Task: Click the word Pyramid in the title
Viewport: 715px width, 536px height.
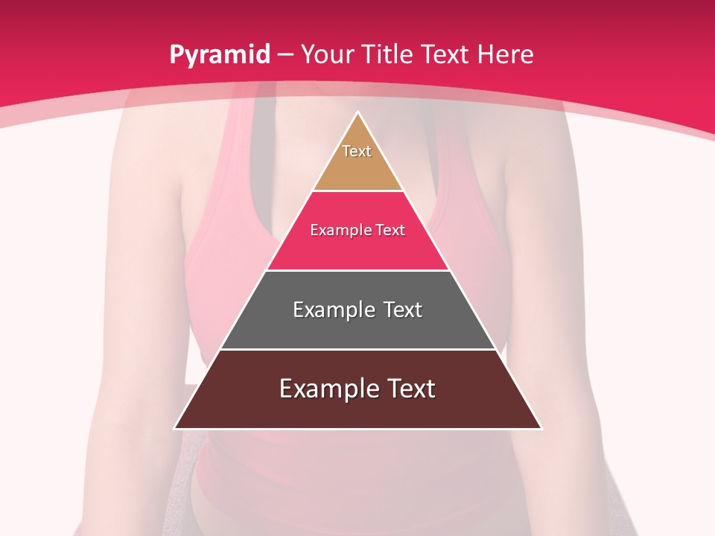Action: [x=220, y=55]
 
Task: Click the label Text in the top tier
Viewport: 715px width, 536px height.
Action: [x=357, y=151]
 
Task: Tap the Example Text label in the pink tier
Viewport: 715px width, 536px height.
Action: [x=357, y=230]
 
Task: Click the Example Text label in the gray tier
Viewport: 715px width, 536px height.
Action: [x=357, y=310]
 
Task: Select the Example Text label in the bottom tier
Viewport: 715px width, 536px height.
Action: [x=357, y=389]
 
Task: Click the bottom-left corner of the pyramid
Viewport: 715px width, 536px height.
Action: [x=176, y=427]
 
